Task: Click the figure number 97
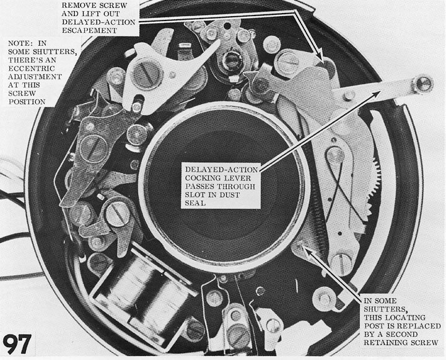[x=17, y=344]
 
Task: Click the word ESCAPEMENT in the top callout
[x=89, y=30]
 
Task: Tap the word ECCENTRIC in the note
[x=32, y=68]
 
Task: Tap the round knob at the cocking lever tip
[x=423, y=84]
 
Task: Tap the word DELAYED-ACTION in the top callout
[x=98, y=22]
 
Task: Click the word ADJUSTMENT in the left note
[x=35, y=77]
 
